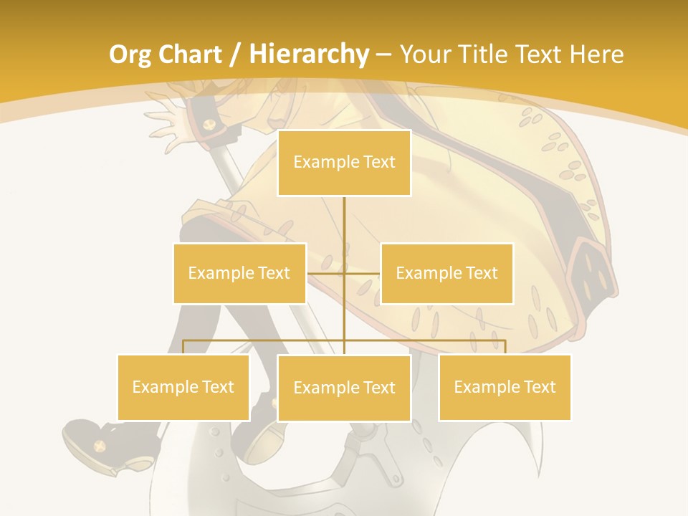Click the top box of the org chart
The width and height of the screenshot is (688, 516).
tap(344, 163)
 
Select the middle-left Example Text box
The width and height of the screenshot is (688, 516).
tap(239, 273)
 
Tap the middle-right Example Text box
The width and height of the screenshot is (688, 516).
tap(446, 273)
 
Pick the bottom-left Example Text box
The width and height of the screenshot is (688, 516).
tap(183, 387)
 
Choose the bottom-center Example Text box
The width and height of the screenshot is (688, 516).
tap(344, 388)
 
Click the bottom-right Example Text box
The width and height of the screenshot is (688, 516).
tap(505, 387)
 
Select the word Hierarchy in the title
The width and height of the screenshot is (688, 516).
tap(309, 54)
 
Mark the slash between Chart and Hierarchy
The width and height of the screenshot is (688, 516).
tap(235, 54)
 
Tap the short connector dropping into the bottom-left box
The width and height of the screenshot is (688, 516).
tap(183, 347)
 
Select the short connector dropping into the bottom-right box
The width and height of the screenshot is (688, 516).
tap(505, 347)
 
